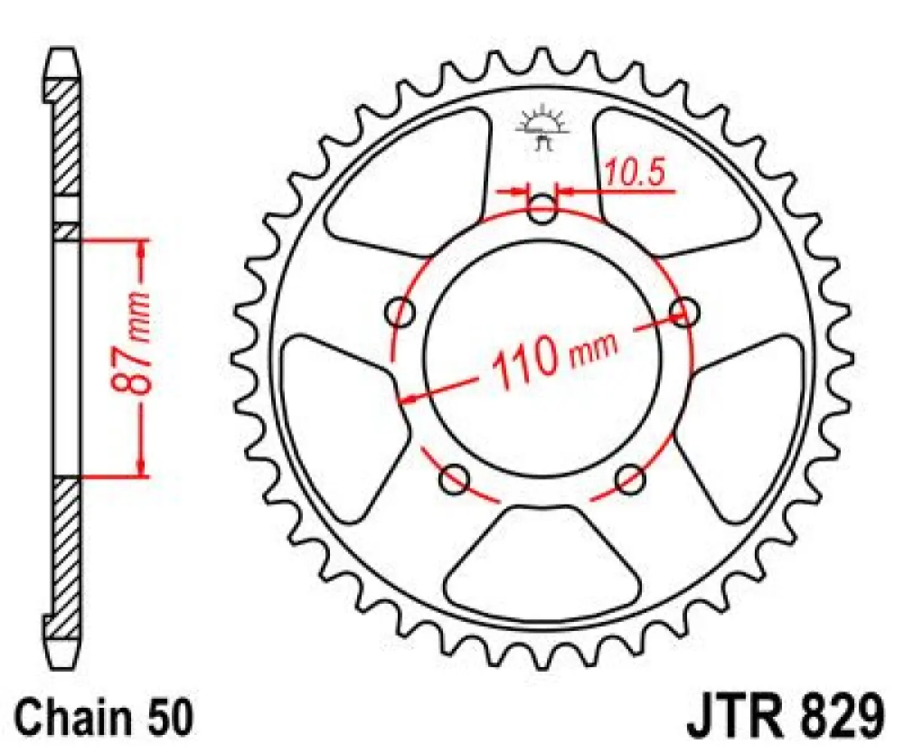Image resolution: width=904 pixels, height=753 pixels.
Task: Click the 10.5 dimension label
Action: click(634, 175)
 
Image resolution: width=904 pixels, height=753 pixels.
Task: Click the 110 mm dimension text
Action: click(554, 359)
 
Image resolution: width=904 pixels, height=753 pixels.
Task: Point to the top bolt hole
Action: click(542, 211)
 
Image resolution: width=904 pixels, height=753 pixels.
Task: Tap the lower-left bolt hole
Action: click(454, 480)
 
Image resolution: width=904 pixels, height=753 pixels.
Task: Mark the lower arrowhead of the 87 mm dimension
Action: click(142, 467)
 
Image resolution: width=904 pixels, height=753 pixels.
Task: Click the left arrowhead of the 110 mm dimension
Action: click(408, 398)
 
